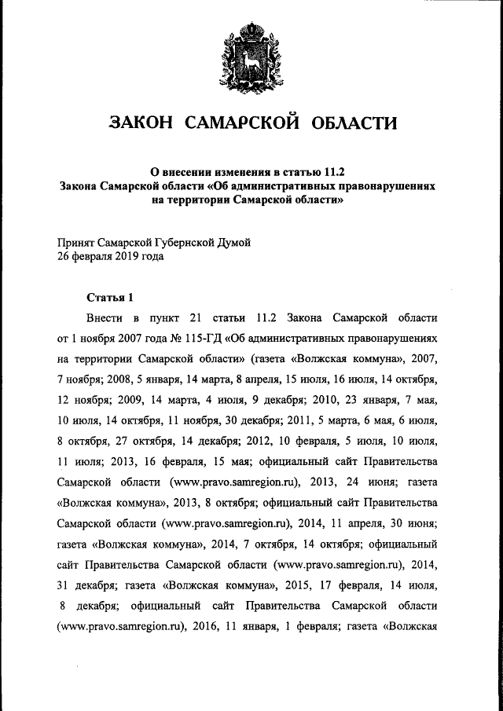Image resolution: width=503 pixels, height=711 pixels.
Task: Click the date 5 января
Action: point(144,379)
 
